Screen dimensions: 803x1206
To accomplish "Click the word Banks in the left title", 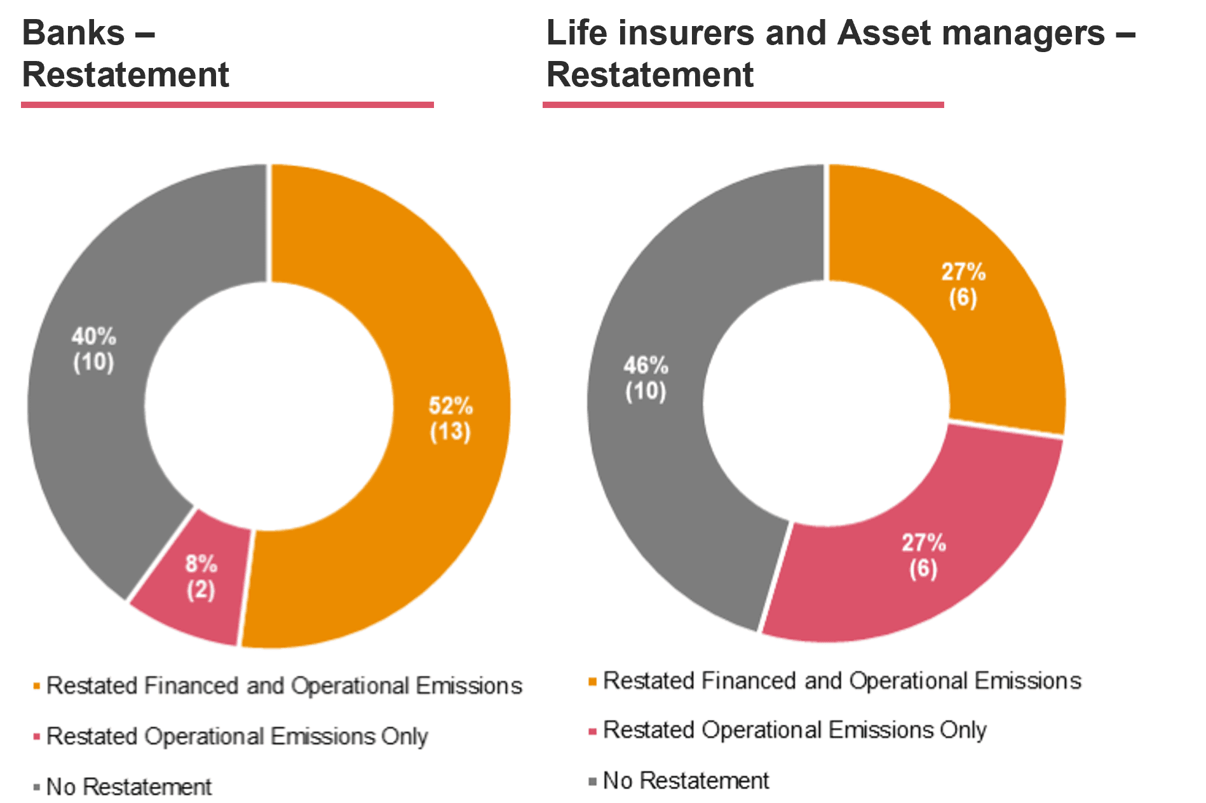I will (74, 33).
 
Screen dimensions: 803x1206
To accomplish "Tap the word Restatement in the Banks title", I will (125, 75).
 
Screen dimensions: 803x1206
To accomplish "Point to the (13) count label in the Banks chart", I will (450, 432).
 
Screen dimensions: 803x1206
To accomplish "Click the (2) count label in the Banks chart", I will (201, 590).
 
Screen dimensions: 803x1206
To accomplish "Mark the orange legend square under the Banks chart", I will (37, 686).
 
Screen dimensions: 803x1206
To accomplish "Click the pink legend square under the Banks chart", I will (37, 737).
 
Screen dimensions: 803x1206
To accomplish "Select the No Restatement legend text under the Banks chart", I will (129, 787).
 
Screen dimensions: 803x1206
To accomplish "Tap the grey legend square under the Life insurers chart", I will (593, 781).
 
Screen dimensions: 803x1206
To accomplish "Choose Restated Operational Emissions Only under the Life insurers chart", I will (794, 731).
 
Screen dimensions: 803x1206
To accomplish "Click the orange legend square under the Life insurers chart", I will (593, 682).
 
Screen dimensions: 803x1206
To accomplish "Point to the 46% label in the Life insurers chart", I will (646, 366).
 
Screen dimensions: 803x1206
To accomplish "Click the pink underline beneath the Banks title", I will (227, 105).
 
